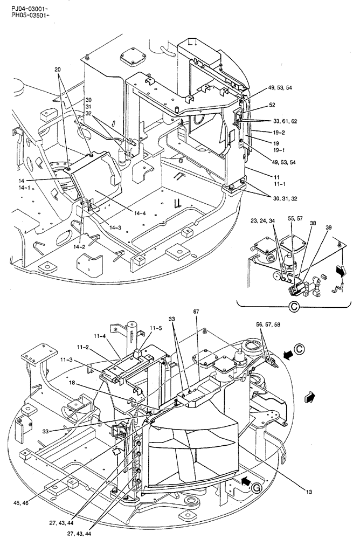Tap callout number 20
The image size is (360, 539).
point(58,70)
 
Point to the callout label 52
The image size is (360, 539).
point(272,106)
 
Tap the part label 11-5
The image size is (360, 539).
point(156,327)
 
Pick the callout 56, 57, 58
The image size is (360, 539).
point(268,325)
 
